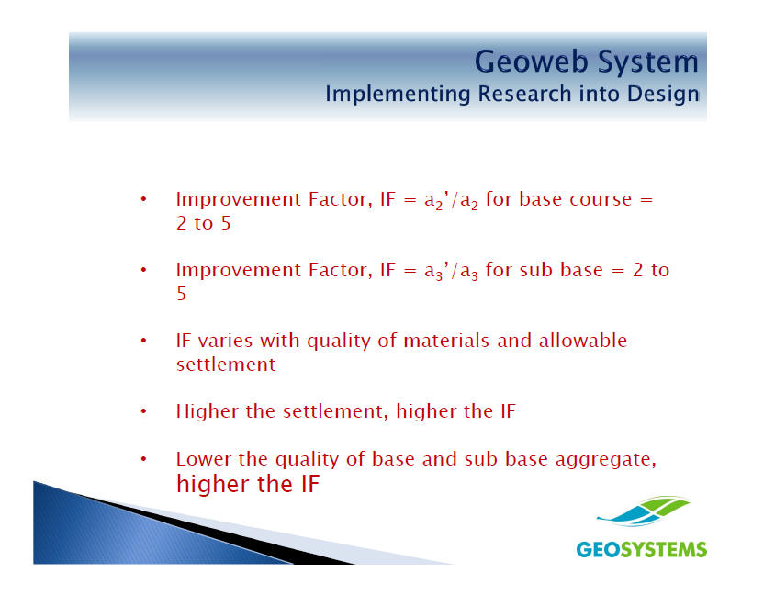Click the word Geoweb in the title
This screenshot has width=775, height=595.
pos(532,62)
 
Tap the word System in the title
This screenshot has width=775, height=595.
pos(648,62)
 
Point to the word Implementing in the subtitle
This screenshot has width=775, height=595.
pos(398,95)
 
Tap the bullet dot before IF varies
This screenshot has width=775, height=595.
pos(143,341)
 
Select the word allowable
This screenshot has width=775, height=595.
pos(583,341)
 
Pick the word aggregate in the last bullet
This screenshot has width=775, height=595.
pos(606,460)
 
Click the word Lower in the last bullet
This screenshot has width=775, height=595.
pos(204,459)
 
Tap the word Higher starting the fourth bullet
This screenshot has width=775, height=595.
pos(208,411)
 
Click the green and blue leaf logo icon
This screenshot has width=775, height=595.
pos(643,511)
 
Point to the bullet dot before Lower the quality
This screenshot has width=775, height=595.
pos(143,459)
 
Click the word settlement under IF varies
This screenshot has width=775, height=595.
pos(226,365)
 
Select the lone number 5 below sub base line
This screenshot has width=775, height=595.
pos(182,294)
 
